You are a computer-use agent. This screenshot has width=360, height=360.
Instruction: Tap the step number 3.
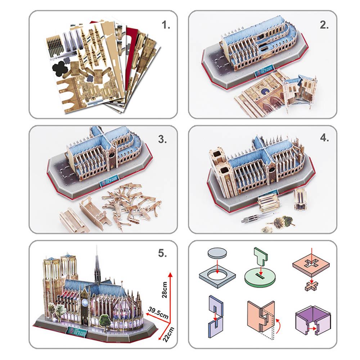[163, 140]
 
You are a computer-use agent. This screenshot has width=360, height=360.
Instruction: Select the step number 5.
[163, 253]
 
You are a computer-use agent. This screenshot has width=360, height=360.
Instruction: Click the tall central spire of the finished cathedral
[97, 266]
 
